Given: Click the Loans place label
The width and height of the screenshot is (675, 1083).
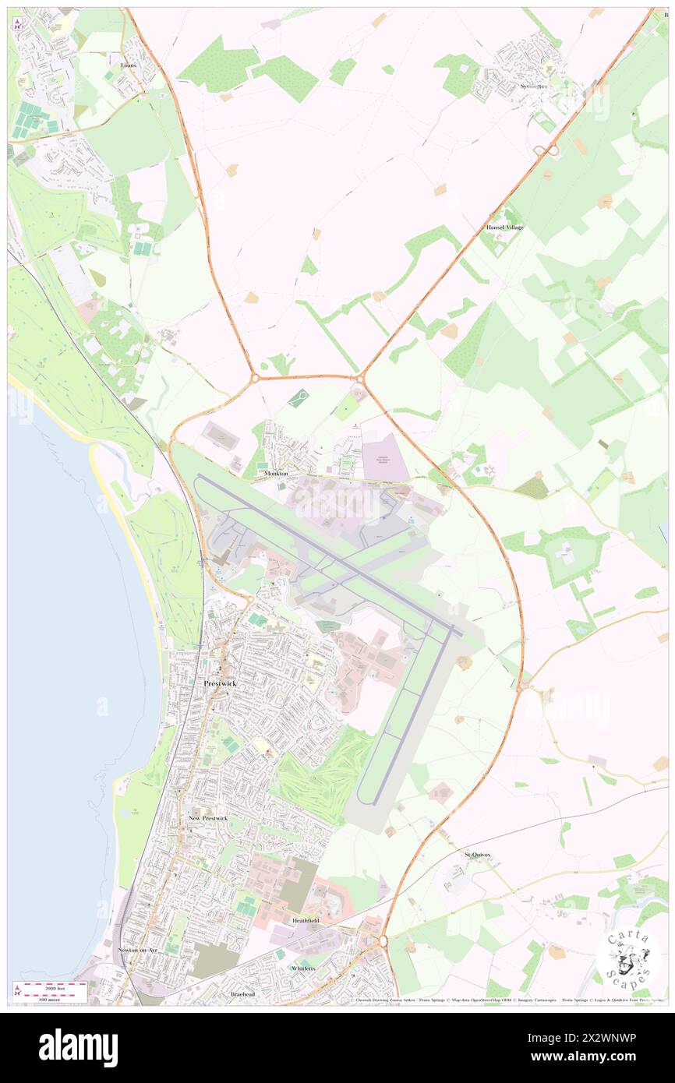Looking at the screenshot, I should coord(129,65).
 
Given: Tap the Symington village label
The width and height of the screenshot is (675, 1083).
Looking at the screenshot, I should coord(535,86).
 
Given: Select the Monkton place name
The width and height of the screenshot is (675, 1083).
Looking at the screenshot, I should coord(276,474).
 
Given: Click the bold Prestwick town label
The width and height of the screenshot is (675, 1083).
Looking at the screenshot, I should coord(220,683).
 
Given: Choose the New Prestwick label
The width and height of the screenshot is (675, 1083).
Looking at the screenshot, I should coord(208,818).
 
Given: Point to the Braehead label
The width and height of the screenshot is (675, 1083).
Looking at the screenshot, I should coord(242,994).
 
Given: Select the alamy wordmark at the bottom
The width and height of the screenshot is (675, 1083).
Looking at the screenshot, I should coord(79,1047).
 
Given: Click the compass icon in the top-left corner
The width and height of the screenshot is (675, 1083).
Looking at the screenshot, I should coord(17,23).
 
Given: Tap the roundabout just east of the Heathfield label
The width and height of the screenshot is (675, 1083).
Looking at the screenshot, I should coord(383,941).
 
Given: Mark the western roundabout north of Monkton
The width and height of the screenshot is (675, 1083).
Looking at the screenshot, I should coord(255,379).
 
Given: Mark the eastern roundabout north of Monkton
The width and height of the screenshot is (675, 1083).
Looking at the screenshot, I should coord(360,379).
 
